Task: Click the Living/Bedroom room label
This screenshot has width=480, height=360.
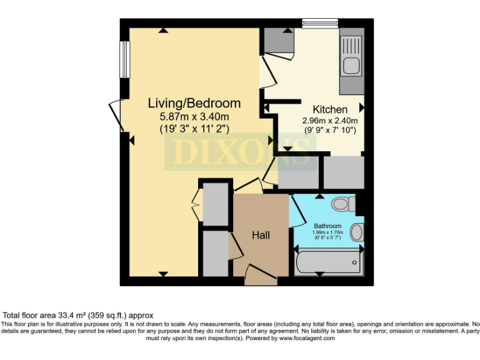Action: pos(194,103)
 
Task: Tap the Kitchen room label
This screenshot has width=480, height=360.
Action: pos(330,109)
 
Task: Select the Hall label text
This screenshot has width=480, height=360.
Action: pos(261,236)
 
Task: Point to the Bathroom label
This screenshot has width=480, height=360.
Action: pos(327,226)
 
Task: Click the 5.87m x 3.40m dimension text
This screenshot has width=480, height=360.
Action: pos(194,116)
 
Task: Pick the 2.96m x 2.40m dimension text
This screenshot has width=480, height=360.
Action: pos(330,121)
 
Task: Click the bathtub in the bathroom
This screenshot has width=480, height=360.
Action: pos(328,261)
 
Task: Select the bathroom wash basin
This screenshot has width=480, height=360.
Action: pos(357,232)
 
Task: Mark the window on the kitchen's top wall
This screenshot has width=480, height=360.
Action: pos(320,24)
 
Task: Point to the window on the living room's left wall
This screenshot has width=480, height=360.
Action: pos(124,59)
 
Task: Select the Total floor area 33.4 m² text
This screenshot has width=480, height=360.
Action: pos(79,316)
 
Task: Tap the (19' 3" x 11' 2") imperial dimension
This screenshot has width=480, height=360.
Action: pos(194,129)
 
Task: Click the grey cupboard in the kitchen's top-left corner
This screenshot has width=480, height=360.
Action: pos(279,41)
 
